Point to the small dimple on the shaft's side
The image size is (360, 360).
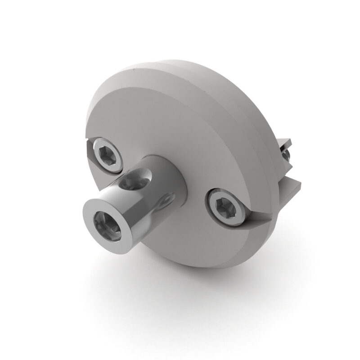coord(167,198)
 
